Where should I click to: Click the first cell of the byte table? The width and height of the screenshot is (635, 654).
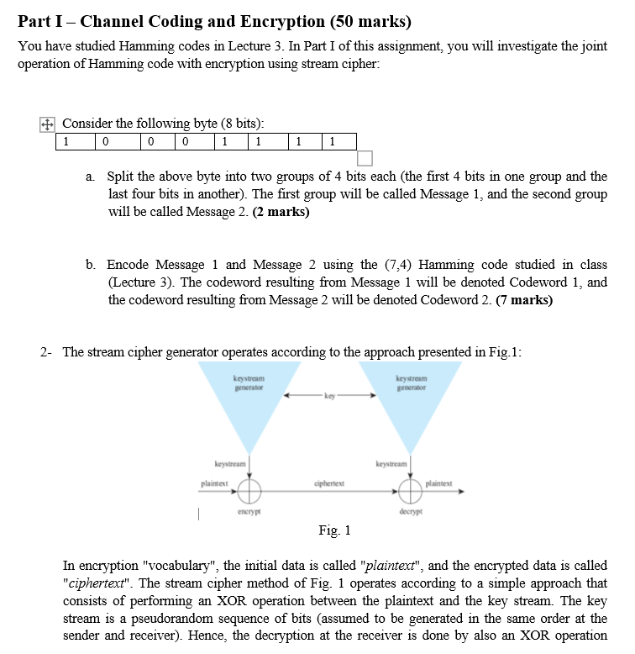tap(75, 141)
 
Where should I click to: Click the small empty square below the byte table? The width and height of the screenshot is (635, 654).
tap(364, 158)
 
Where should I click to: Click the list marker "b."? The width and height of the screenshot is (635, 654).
tap(92, 264)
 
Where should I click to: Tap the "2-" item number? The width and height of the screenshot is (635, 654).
tap(48, 351)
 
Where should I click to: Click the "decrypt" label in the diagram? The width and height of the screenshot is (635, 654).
tap(411, 510)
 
